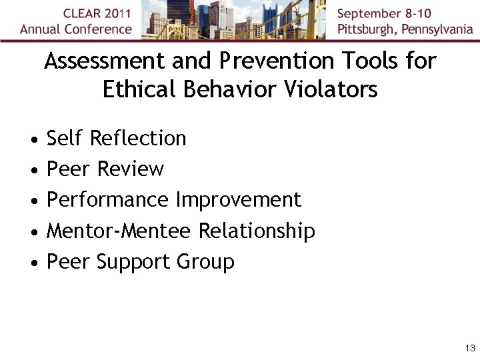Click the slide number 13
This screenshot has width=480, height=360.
point(470,349)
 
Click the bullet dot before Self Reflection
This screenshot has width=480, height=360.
point(33,140)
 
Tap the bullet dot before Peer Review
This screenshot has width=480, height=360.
point(33,171)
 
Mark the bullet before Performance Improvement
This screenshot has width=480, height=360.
point(33,201)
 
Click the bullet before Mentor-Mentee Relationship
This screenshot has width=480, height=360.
point(33,233)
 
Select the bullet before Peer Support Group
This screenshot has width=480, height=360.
point(33,263)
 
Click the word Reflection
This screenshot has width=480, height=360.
point(137,139)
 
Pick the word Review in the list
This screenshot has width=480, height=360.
point(130,169)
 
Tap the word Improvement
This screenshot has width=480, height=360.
point(238,200)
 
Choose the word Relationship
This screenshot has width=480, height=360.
point(257,231)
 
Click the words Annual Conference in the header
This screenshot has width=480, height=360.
point(76,29)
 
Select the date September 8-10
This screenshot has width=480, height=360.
point(384,13)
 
